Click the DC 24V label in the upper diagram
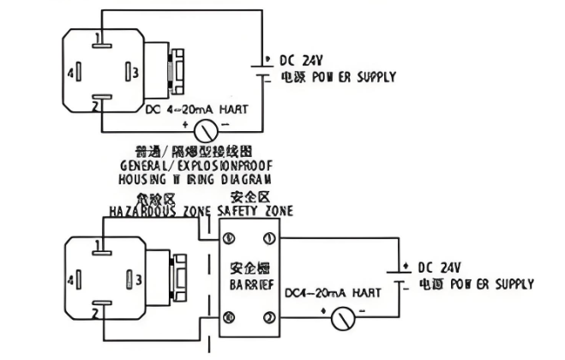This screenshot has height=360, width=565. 302,60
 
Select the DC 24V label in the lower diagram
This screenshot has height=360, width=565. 440,268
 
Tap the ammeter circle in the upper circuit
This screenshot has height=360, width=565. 205,130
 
